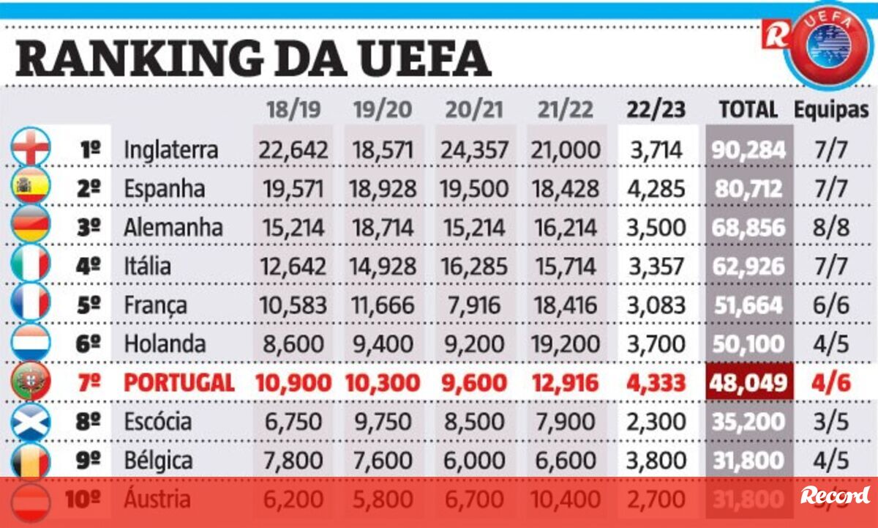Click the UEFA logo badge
830,42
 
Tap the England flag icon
31,149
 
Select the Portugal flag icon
31,383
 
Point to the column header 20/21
474,110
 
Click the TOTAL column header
748,110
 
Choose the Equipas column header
832,110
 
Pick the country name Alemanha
173,227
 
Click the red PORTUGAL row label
179,383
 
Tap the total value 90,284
748,150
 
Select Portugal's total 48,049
748,383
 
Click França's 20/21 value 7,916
474,305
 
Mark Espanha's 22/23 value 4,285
656,189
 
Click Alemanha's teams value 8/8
832,228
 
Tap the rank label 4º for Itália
89,267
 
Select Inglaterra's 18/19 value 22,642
291,150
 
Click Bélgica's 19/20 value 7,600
383,461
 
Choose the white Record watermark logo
835,496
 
